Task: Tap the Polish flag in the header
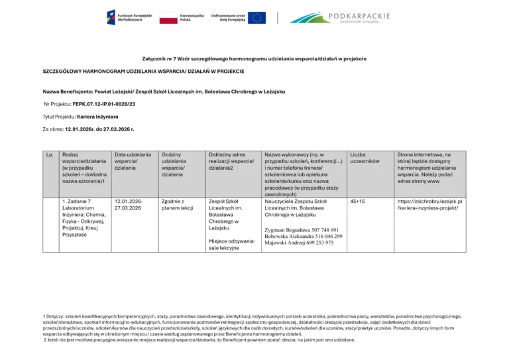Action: coord(168,18)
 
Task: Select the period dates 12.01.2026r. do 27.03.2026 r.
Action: coord(100,129)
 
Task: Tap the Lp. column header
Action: coord(50,154)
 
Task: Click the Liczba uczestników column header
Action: coord(364,158)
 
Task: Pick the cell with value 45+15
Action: coord(357,201)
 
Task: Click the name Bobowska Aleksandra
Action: coord(289,236)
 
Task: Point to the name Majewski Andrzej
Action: coord(286,243)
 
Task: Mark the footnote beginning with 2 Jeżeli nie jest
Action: coord(199,339)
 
